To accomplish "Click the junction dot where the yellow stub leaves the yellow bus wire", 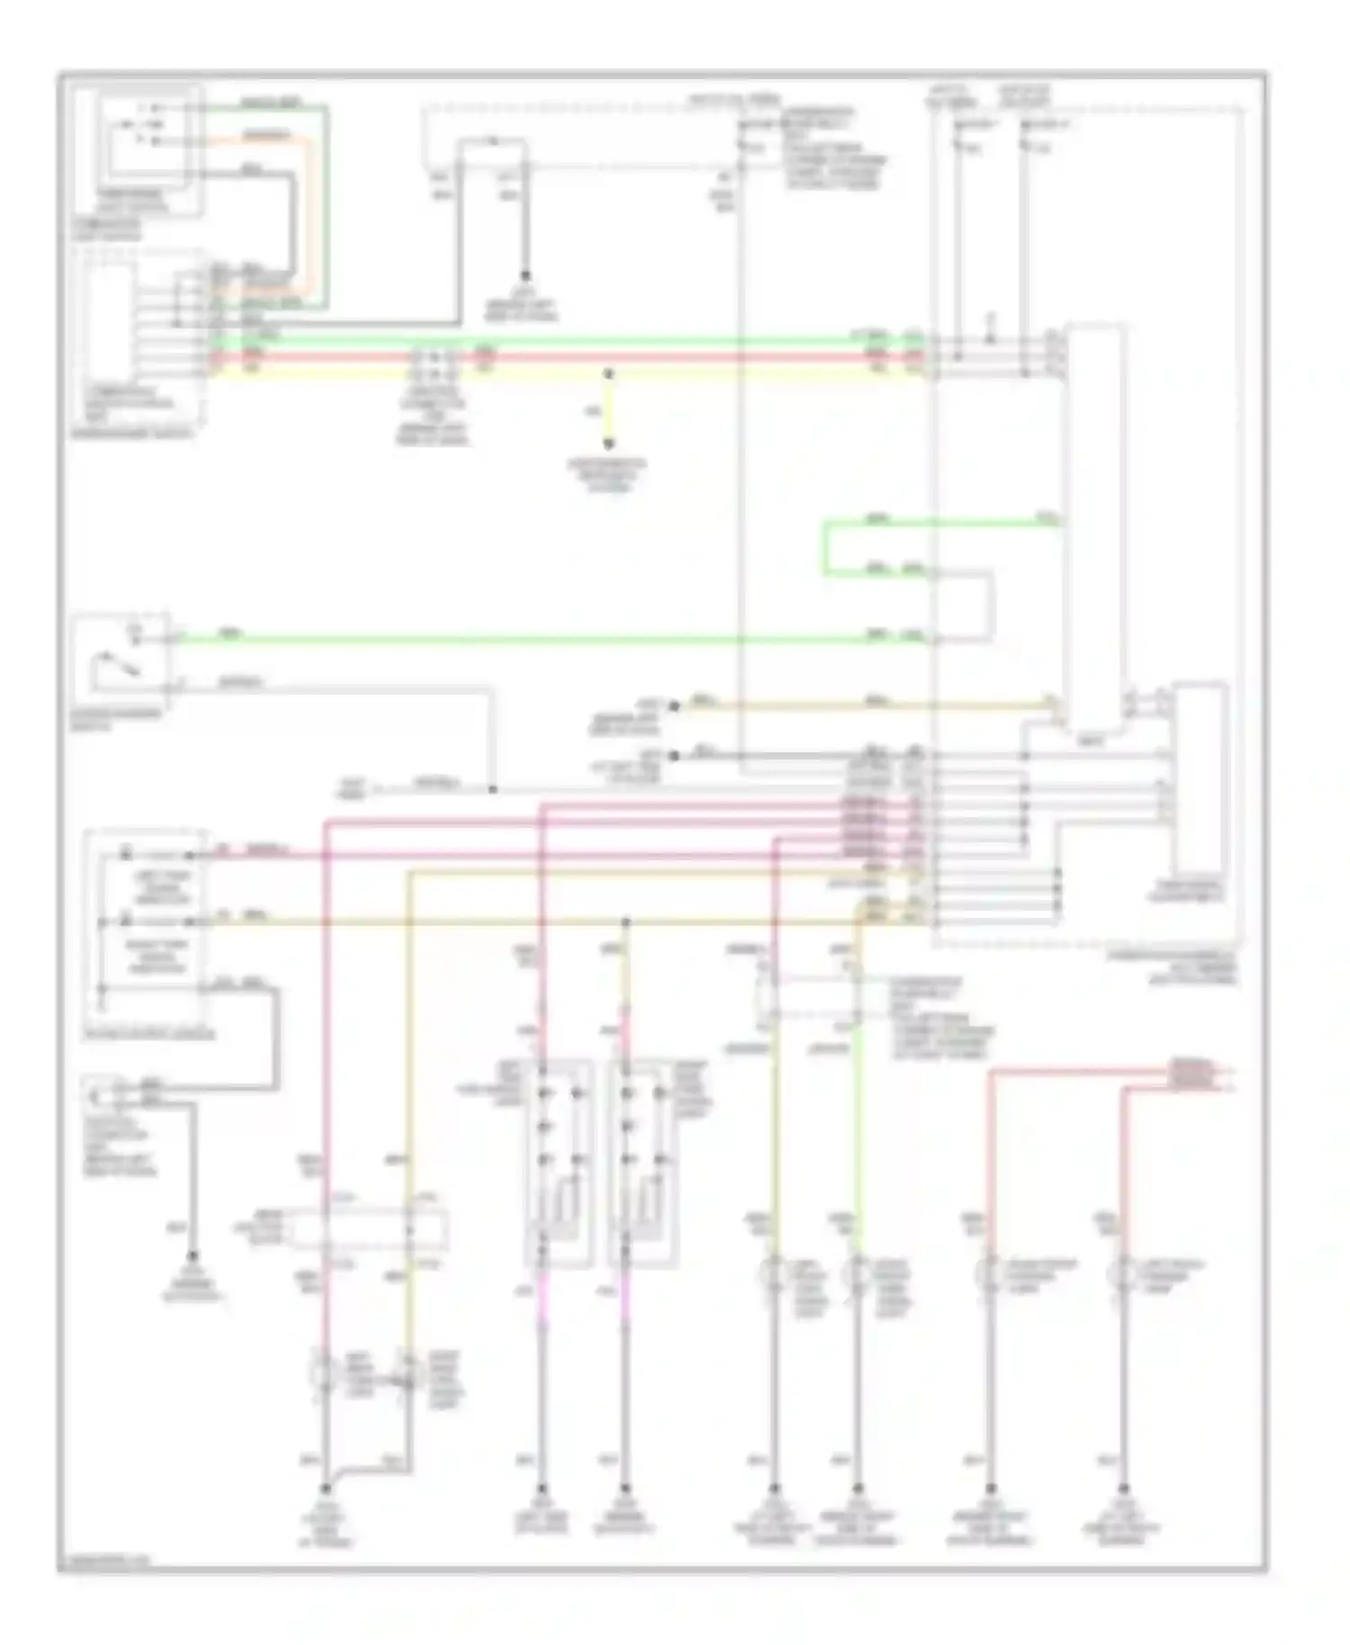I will (x=608, y=373).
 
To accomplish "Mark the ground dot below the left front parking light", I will (x=1122, y=1489).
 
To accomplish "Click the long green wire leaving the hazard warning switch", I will (x=540, y=640).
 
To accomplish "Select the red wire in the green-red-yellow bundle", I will (x=630, y=357).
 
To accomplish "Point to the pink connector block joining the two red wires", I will (x=1191, y=1073).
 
